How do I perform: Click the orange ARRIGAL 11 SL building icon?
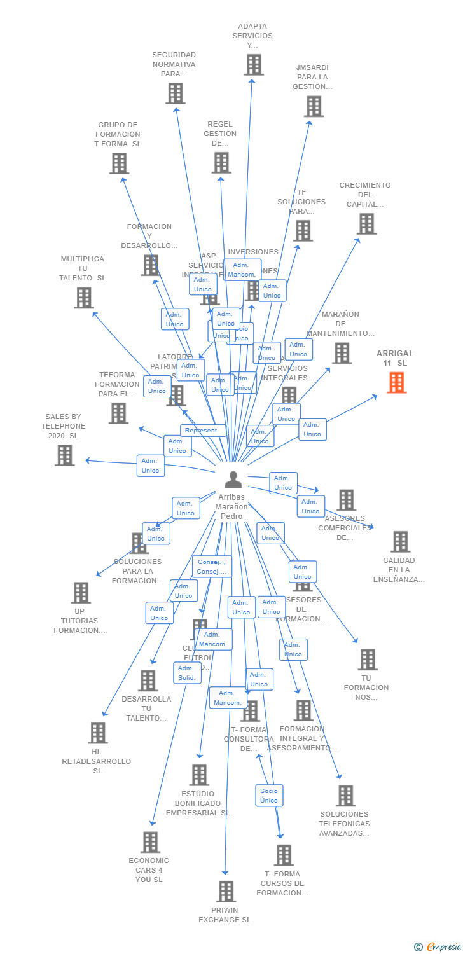tap(397, 382)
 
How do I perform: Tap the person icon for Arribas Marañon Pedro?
tap(233, 480)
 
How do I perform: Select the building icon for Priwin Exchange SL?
tap(226, 892)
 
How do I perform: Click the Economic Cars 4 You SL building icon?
tap(150, 842)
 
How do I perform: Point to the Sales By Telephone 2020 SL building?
tap(65, 455)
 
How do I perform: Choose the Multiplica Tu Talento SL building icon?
tap(84, 298)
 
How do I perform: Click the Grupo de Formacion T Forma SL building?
tap(119, 163)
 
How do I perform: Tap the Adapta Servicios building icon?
tap(254, 65)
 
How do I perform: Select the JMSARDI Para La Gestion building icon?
tap(314, 106)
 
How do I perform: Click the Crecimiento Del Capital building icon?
tap(366, 224)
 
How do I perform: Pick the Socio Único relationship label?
tap(269, 796)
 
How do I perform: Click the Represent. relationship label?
tap(203, 431)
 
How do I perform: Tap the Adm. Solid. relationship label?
tap(187, 673)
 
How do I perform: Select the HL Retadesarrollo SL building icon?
tap(98, 733)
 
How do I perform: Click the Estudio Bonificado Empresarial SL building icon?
tap(199, 775)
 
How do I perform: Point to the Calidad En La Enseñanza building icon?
tap(400, 541)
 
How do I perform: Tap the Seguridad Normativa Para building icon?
tap(175, 93)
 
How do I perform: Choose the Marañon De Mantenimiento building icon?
tap(342, 353)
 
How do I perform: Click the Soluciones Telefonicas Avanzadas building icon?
tap(345, 795)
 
